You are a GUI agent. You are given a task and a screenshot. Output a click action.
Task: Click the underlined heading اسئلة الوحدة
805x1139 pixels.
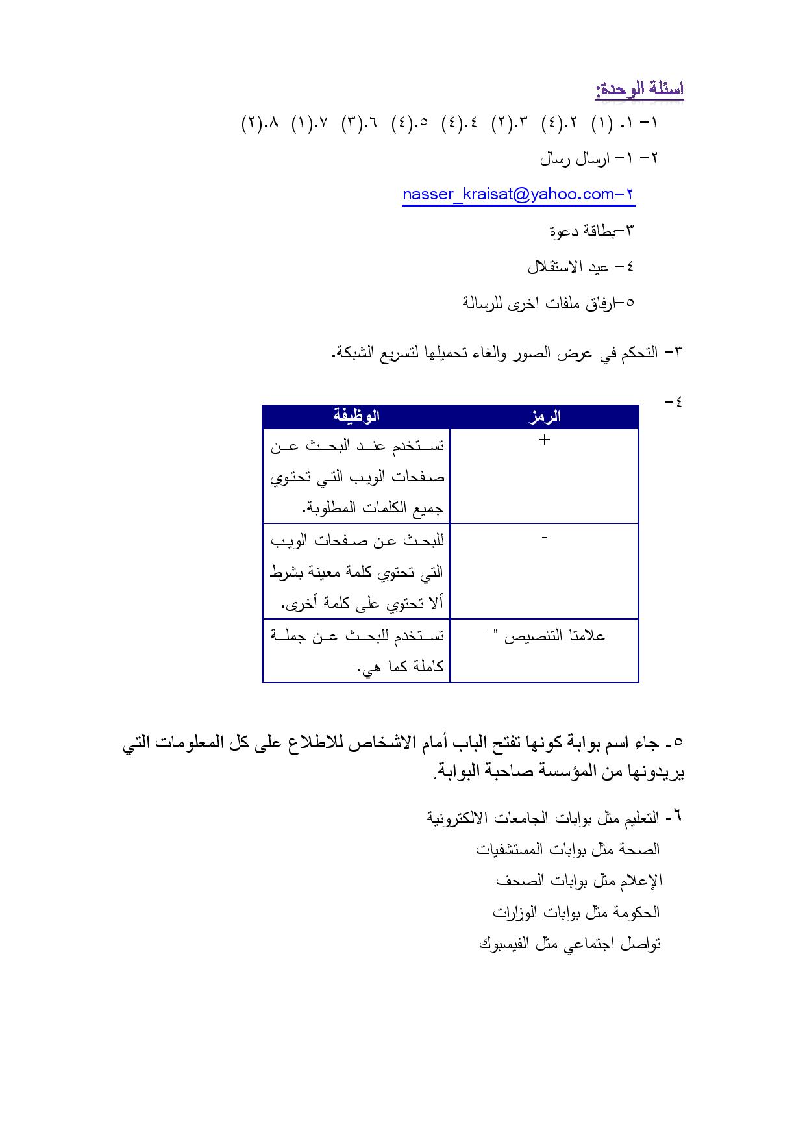point(639,89)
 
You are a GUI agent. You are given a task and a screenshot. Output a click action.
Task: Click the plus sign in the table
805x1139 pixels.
point(544,440)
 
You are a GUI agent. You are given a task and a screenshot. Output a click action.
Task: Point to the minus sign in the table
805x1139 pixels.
point(544,537)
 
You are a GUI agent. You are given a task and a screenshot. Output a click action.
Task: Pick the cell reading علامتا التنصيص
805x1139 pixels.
point(544,636)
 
